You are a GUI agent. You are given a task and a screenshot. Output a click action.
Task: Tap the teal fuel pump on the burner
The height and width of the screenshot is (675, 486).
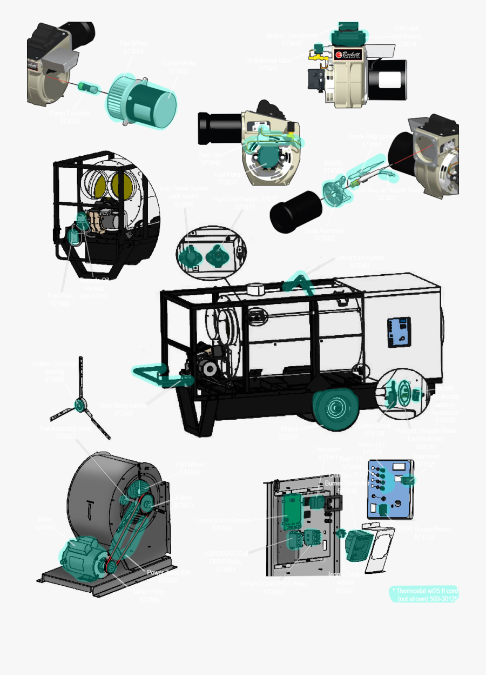tap(265, 157)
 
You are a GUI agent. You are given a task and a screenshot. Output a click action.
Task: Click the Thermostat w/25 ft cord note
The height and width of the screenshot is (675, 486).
tap(424, 594)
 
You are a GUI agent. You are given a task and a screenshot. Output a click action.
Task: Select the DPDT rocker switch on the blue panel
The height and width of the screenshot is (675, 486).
tap(382, 510)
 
